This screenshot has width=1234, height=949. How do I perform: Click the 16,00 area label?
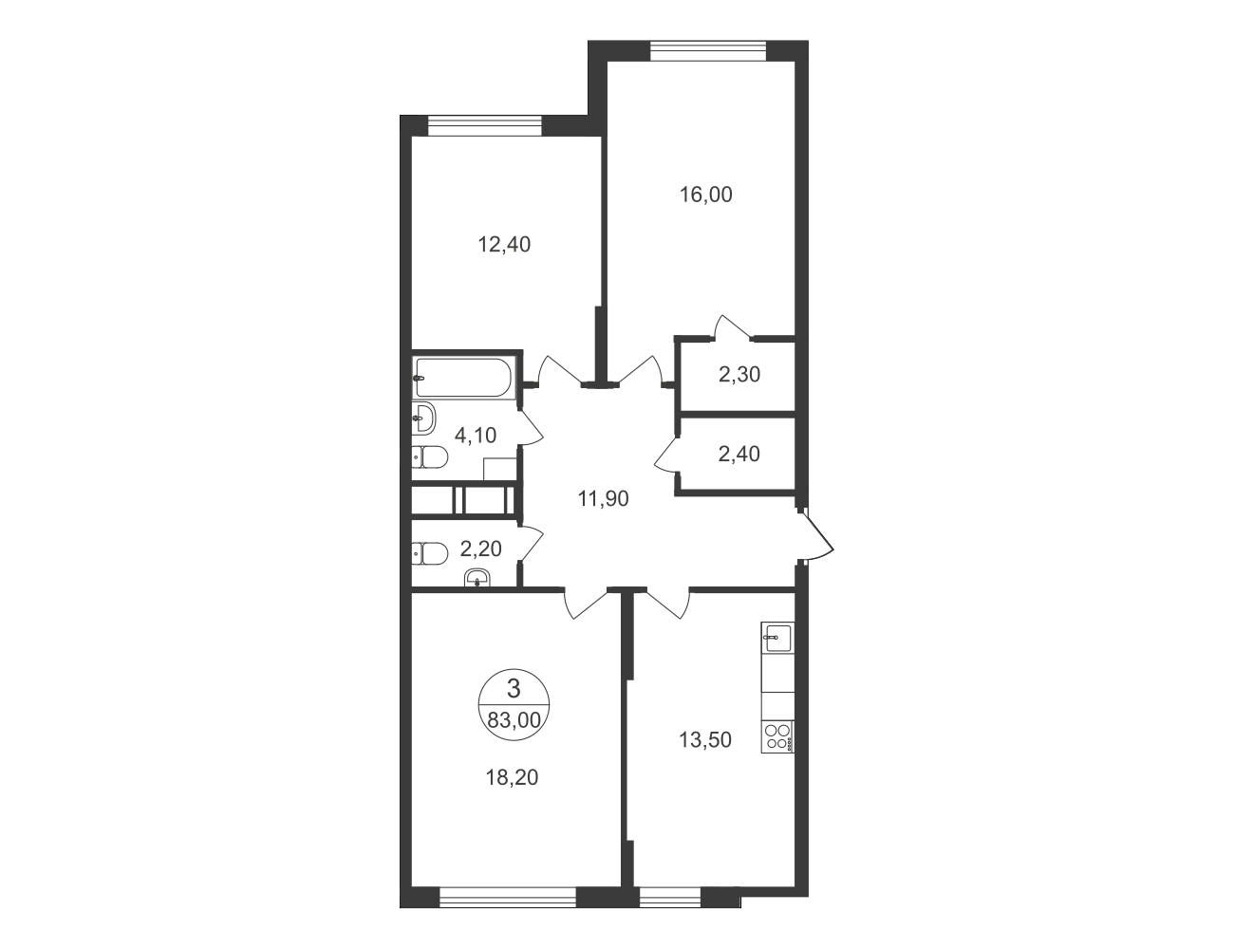[x=706, y=195]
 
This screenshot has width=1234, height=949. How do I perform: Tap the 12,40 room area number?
[x=504, y=245]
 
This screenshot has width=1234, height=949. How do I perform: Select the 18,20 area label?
[x=512, y=777]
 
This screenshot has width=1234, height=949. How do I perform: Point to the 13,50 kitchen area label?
[x=705, y=740]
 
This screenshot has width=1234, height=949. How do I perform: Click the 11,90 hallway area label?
[x=603, y=499]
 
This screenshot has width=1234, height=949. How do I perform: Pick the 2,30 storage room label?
[x=739, y=375]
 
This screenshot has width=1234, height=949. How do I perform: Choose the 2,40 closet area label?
[x=739, y=454]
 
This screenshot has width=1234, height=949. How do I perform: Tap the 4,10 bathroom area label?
[x=476, y=436]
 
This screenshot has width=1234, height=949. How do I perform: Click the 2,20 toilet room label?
[x=481, y=549]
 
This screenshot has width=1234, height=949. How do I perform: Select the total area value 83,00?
[x=514, y=720]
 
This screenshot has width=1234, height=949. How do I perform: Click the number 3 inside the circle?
[x=514, y=689]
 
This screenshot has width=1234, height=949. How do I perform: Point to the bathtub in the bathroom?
[x=464, y=377]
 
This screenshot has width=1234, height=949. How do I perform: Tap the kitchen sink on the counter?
[x=777, y=637]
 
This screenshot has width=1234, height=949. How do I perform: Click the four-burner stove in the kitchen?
[x=777, y=736]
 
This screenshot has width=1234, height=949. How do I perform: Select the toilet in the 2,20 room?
[x=429, y=552]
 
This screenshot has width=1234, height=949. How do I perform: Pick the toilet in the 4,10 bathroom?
[x=429, y=456]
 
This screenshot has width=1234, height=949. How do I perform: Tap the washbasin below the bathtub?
[x=423, y=419]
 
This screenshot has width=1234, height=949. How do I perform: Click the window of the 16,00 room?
[x=708, y=51]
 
